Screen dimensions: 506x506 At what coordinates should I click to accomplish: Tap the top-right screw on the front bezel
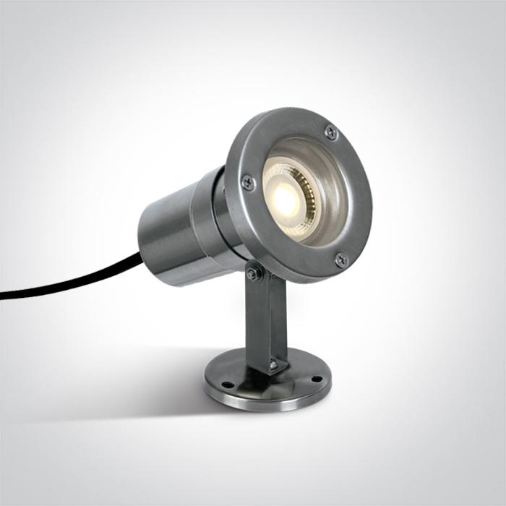(x=331, y=132)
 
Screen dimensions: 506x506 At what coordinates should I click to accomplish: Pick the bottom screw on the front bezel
(x=340, y=259)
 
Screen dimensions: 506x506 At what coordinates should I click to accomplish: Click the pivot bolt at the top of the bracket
(x=253, y=273)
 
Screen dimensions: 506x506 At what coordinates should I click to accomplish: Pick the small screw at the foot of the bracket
(x=273, y=365)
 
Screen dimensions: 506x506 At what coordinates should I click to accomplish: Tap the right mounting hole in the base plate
(x=315, y=378)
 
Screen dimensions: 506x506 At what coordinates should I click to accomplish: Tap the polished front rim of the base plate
(x=267, y=405)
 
